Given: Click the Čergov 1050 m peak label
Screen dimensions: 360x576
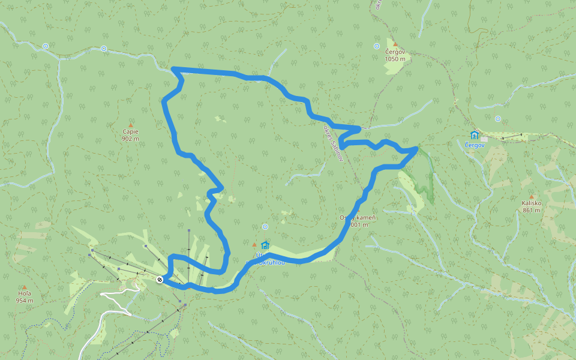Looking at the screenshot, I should click(395, 56).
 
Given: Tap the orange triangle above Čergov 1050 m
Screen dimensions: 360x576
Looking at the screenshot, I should click(395, 44).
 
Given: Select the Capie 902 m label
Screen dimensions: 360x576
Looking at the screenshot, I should click(130, 135).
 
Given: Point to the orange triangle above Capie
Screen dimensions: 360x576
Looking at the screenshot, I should click(130, 125).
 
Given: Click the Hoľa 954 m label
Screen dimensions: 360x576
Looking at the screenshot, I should click(24, 297).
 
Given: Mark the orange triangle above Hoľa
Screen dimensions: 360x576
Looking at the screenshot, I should click(24, 287).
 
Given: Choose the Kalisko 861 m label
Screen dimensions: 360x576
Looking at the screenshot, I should click(532, 206).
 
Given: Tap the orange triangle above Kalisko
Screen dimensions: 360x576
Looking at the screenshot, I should click(531, 196).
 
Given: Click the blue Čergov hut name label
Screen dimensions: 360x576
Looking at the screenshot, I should click(474, 145).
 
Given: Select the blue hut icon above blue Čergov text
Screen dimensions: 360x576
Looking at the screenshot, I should click(475, 134).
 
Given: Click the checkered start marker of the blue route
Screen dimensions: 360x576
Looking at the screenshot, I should click(160, 280).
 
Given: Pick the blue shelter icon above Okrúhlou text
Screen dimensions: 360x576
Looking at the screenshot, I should click(265, 245).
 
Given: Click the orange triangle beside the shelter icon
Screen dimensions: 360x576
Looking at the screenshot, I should click(254, 245).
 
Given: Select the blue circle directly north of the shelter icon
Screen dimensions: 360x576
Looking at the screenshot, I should click(265, 227).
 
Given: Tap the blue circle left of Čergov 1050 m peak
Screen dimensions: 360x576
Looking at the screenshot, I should click(377, 46).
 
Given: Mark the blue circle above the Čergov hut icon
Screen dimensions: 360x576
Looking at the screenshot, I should click(497, 119).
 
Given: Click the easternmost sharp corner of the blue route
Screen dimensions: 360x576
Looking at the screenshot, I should click(417, 148).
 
